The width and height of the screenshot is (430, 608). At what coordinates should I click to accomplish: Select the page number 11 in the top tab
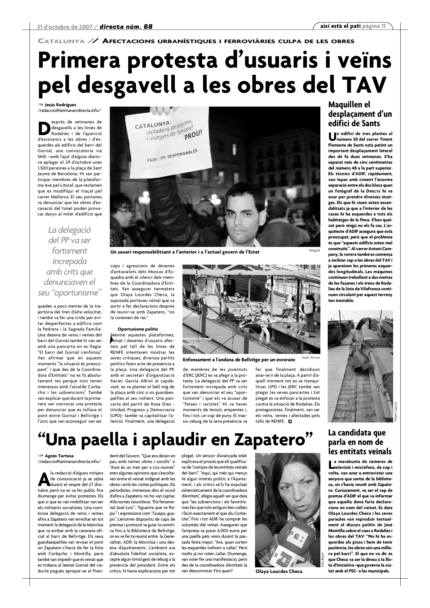383,26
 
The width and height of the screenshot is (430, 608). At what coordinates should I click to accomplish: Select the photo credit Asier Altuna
311,357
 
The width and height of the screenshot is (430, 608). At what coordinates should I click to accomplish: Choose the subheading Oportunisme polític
138,329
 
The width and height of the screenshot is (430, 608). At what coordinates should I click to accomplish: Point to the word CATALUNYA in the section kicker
61,41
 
